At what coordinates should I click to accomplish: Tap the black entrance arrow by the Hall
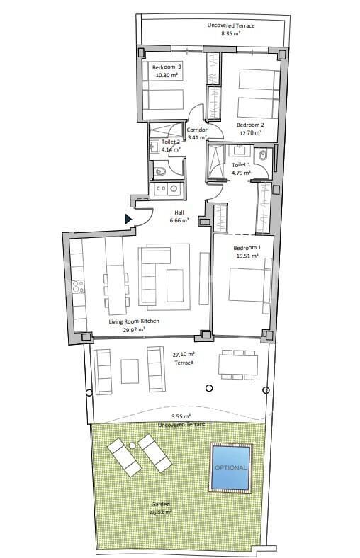pos(129,220)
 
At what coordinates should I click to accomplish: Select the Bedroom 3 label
pos(167,67)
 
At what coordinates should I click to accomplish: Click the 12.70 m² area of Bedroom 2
pos(249,132)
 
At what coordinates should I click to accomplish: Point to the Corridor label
pos(196,130)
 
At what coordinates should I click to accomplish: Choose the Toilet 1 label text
pos(241,165)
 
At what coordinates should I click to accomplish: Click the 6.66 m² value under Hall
pos(179,221)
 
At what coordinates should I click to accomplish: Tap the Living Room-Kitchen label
pos(133,321)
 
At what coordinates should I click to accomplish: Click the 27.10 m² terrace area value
pos(184,354)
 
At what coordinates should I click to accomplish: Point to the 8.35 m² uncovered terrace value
pos(231,33)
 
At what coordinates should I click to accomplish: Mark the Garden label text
pos(160,505)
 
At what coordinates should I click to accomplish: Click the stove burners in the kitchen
pos(79,286)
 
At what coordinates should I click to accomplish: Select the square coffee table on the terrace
pos(130,370)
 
